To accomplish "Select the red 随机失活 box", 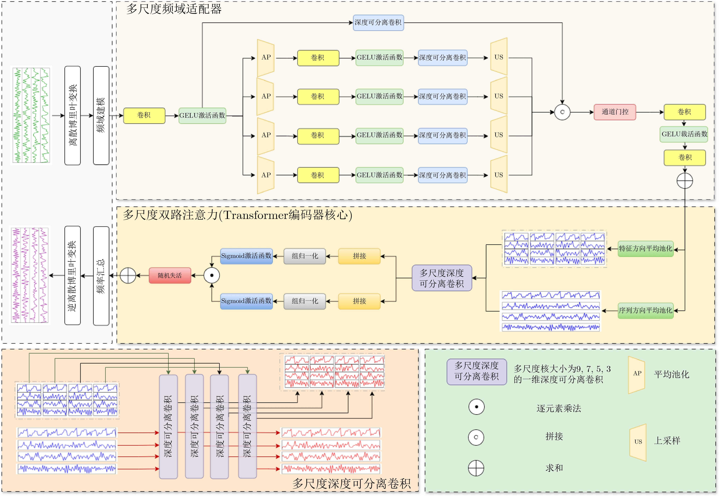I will tap(170, 275).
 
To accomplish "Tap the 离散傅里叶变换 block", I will tap(73, 115).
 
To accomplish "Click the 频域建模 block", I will tap(101, 115).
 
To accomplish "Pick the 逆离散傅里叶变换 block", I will tap(73, 275).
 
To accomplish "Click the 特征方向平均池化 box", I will tap(645, 249).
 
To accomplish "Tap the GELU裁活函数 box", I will tap(684, 134).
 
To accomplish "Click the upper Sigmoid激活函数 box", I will tap(246, 256).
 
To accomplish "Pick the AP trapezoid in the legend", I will tap(637, 374).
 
